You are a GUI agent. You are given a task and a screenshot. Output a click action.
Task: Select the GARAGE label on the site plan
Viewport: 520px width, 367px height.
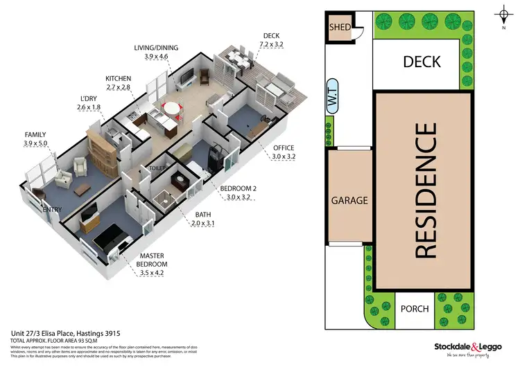click(x=349, y=201)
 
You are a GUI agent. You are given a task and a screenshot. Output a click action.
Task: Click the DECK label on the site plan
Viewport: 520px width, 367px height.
click(x=422, y=62)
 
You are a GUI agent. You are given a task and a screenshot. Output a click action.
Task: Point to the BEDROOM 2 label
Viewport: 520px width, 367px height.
click(x=238, y=188)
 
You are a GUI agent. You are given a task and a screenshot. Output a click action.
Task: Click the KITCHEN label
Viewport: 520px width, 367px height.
click(x=117, y=78)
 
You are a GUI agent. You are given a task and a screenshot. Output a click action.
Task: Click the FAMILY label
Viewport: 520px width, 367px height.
click(x=35, y=134)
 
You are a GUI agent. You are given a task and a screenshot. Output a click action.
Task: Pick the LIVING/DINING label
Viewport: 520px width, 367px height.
click(x=156, y=48)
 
